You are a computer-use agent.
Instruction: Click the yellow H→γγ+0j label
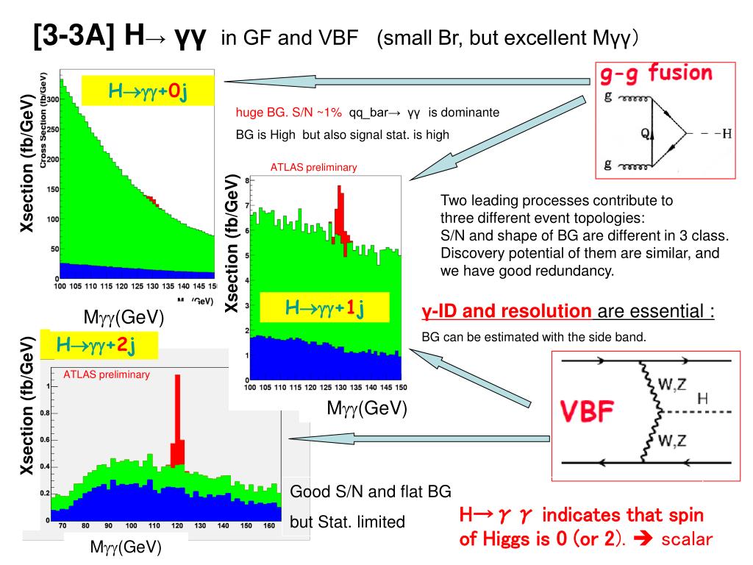coord(148,91)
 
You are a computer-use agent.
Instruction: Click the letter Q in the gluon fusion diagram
coord(643,134)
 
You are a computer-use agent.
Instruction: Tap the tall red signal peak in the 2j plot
coord(177,419)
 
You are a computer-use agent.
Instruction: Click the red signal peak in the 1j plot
coord(340,213)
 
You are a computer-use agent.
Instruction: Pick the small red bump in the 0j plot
coord(150,199)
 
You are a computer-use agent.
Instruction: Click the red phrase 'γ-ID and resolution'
coord(506,311)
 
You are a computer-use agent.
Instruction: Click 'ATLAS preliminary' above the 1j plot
coord(313,168)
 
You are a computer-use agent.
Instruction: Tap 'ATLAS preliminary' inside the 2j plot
coord(107,374)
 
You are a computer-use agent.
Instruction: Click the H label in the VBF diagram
coord(702,398)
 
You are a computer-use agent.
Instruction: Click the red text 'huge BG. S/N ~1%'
coord(289,113)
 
